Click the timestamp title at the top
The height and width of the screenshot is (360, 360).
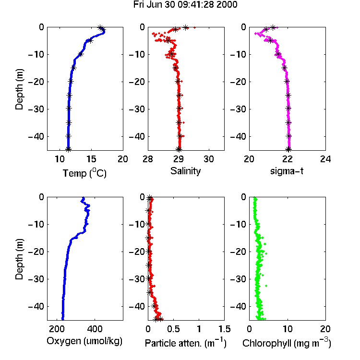pos(185,5)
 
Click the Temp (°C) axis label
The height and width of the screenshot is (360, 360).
pos(84,173)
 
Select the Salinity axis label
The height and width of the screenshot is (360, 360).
pos(185,171)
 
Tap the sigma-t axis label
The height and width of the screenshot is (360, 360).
pos(287,171)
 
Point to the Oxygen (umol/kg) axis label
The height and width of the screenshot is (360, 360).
pos(84,341)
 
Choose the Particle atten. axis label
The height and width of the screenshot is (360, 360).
pos(185,343)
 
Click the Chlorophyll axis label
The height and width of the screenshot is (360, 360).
pos(287,343)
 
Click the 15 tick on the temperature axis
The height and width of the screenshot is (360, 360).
pos(91,159)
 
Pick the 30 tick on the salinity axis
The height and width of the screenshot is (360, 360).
pos(209,159)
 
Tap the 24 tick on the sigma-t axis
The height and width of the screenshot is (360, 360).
pos(325,159)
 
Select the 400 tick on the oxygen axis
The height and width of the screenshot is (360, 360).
pos(95,329)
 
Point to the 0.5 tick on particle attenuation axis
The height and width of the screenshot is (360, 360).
pos(173,329)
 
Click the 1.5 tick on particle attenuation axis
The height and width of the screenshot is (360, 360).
pos(224,329)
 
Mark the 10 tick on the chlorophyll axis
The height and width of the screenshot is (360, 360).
pos(287,329)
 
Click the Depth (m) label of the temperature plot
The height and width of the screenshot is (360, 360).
pos(19,89)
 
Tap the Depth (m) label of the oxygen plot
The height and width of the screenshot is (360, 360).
pos(19,259)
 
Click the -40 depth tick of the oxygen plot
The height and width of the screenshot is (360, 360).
pos(36,306)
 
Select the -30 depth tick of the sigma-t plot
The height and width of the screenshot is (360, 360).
pos(238,109)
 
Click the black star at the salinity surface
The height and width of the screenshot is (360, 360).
pos(185,28)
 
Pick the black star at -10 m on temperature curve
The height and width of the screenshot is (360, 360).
pos(81,54)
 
